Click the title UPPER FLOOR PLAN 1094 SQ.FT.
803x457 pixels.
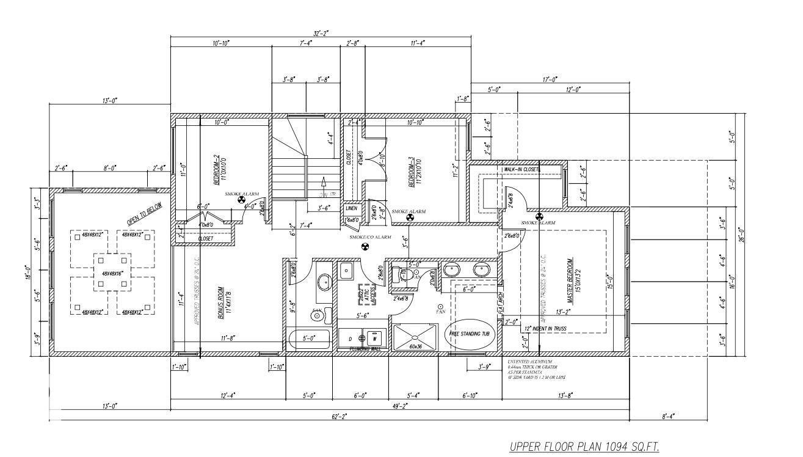pyautogui.click(x=584, y=447)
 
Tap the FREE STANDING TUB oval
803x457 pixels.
pyautogui.click(x=473, y=334)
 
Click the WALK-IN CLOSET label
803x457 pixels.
pyautogui.click(x=522, y=169)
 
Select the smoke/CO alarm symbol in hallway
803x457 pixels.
pyautogui.click(x=365, y=247)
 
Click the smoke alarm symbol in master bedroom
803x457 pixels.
pyautogui.click(x=539, y=216)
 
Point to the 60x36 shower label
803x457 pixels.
pyautogui.click(x=416, y=346)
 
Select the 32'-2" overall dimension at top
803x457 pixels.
pyautogui.click(x=321, y=34)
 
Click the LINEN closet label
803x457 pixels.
pyautogui.click(x=352, y=208)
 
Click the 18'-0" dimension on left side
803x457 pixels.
pyautogui.click(x=28, y=271)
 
